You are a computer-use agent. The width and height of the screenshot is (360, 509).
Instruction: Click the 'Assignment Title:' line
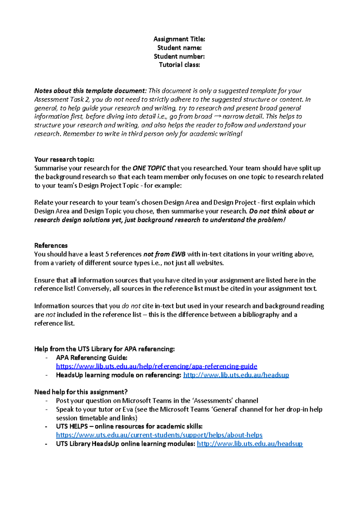coord(179,39)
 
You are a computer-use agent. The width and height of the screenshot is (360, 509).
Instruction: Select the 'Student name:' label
coord(179,48)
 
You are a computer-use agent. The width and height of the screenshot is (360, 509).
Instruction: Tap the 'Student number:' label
coord(179,56)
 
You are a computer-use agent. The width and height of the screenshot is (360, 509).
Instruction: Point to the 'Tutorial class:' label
coord(179,65)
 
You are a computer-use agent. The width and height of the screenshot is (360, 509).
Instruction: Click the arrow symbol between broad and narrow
coord(217,116)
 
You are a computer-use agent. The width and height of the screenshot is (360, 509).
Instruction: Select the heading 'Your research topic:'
coord(64,159)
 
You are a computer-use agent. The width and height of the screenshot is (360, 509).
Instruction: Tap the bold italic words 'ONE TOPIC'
coord(149,168)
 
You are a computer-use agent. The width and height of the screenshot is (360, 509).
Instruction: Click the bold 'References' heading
coord(51,245)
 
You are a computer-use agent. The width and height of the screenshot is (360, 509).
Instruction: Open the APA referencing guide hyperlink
coord(156,366)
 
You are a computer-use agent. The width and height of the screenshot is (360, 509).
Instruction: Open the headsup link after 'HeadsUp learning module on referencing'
coord(236,375)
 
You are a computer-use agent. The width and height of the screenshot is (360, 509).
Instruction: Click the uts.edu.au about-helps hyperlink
coord(159,435)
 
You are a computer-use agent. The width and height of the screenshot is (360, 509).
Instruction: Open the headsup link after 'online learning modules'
coord(250,444)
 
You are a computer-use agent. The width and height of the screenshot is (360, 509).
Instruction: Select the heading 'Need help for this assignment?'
coord(81,392)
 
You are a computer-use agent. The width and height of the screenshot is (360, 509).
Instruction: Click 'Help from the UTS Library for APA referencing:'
coord(104,349)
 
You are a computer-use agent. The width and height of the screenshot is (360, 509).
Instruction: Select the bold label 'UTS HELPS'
coord(72,426)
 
